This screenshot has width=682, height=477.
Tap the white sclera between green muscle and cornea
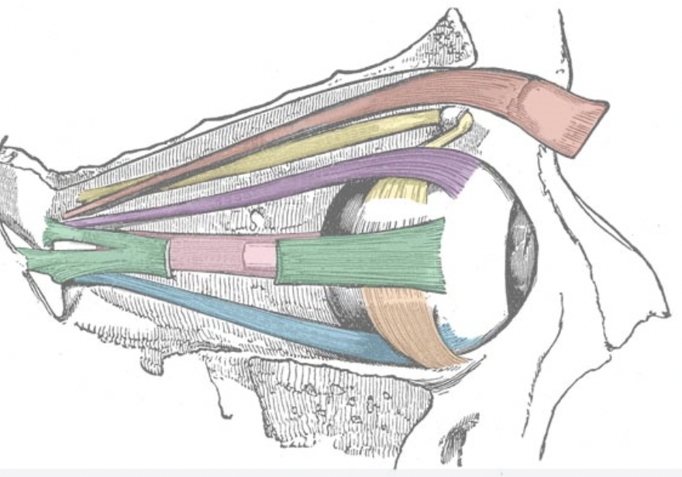[x=477, y=256]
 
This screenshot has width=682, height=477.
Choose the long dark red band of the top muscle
[x=310, y=124]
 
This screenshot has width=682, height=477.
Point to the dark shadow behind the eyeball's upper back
[x=341, y=209]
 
